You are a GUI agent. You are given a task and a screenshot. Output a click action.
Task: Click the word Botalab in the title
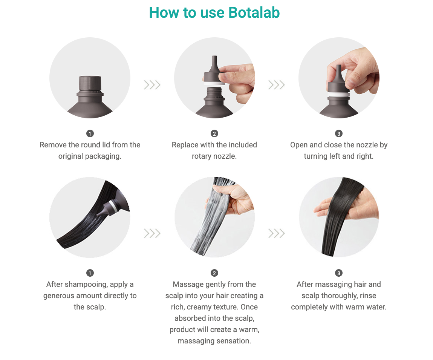click(x=254, y=13)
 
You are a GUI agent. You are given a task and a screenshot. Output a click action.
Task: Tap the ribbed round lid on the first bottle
click(x=90, y=83)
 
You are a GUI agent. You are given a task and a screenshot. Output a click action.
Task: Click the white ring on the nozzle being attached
click(x=214, y=83)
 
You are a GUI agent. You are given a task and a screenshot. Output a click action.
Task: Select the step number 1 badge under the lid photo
click(x=90, y=133)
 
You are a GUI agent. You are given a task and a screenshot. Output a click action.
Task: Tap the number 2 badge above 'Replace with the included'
click(x=214, y=133)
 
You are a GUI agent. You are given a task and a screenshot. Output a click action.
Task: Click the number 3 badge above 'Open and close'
click(x=339, y=133)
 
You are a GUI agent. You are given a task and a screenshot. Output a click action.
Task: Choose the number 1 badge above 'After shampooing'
click(x=90, y=273)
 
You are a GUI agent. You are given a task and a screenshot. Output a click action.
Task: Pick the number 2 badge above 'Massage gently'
click(x=214, y=273)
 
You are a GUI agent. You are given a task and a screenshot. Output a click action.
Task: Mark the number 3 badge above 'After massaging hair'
click(x=339, y=273)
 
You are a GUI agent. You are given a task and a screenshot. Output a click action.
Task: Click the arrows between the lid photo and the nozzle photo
click(x=152, y=85)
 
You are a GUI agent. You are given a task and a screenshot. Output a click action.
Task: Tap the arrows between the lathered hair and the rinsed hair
click(x=277, y=233)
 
